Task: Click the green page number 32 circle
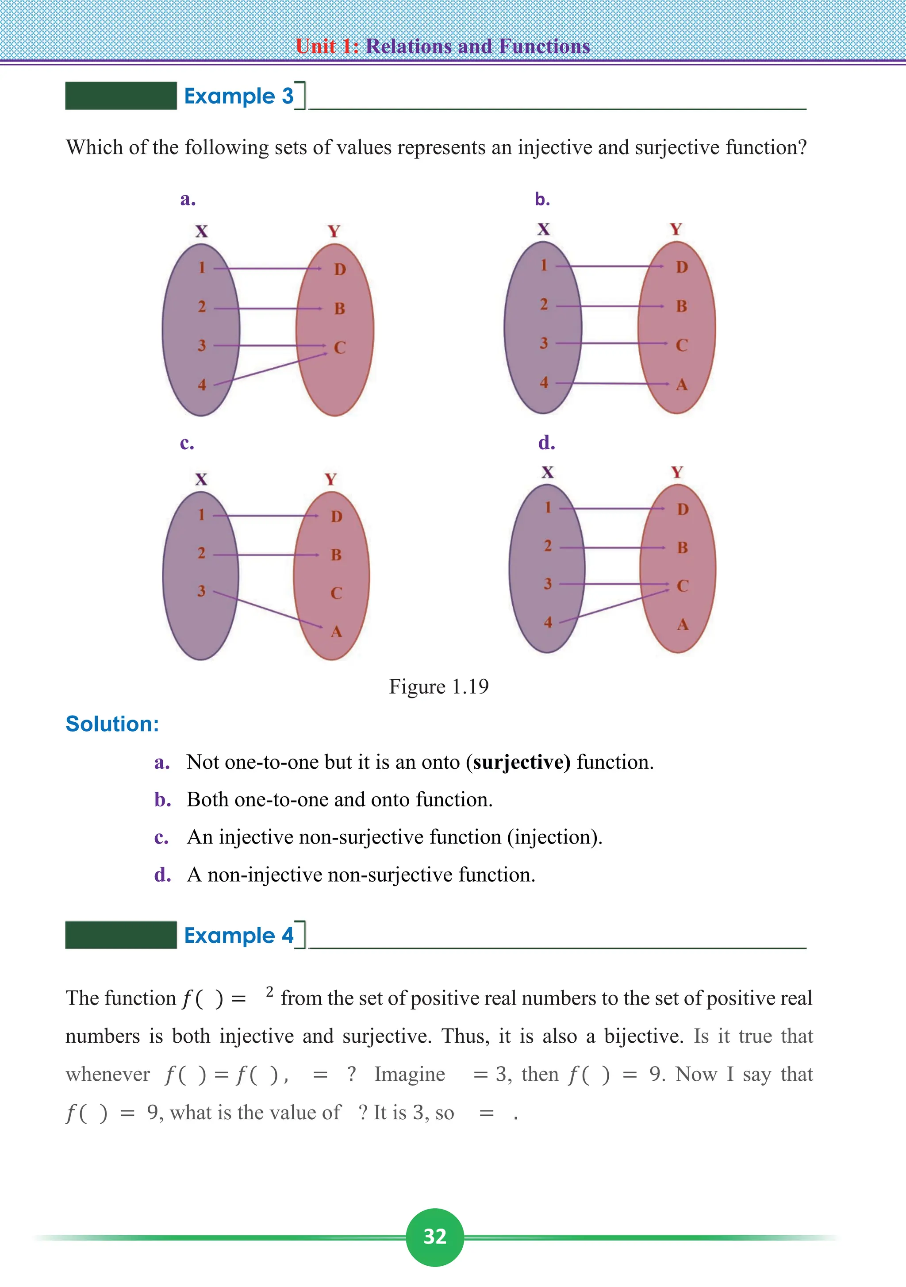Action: (x=435, y=1237)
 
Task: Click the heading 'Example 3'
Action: (x=239, y=96)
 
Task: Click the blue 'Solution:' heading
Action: (x=112, y=724)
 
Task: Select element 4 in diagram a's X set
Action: (x=202, y=385)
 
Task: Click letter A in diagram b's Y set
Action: (x=681, y=385)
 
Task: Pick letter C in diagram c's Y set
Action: (x=336, y=593)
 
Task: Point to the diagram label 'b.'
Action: (x=542, y=199)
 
